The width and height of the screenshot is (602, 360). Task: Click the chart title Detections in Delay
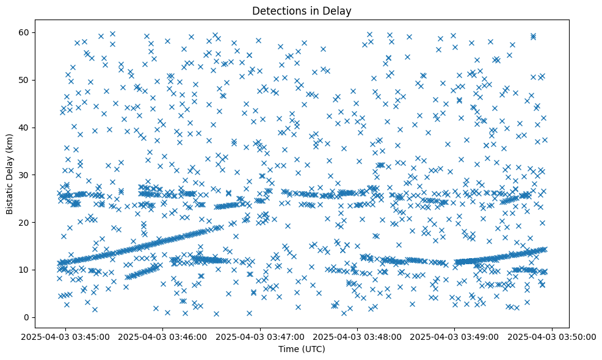coord(302,10)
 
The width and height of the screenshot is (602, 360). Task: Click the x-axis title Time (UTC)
coord(302,349)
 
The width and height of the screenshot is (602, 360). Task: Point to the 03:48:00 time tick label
coord(358,336)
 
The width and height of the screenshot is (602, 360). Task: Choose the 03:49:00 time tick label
coord(455,336)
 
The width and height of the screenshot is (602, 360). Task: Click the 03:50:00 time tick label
coord(552,336)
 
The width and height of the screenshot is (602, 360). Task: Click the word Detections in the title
coord(278,10)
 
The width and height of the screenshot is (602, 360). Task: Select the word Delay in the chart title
coord(339,10)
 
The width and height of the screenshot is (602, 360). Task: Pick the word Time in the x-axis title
coord(289,349)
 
